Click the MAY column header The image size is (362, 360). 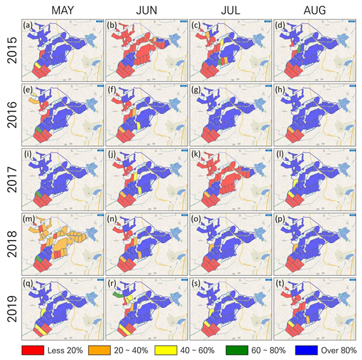(63, 10)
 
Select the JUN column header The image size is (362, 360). (147, 10)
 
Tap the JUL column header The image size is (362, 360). (230, 10)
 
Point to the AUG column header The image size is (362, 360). (314, 10)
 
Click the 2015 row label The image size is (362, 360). (12, 50)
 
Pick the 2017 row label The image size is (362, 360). (12, 180)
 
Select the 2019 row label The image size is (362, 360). (12, 309)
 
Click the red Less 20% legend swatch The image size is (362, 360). (33, 350)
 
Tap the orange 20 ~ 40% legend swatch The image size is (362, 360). (99, 350)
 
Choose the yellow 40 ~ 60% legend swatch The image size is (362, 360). (166, 350)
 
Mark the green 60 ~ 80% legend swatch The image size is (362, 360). (237, 350)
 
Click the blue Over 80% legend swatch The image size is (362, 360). (307, 350)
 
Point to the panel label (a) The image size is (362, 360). (28, 25)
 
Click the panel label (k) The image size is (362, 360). (196, 154)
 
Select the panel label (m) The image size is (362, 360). (29, 218)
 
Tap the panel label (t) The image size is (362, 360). (280, 284)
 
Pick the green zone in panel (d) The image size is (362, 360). (299, 49)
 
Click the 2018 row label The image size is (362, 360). (12, 245)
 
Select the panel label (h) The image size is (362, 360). (280, 89)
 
